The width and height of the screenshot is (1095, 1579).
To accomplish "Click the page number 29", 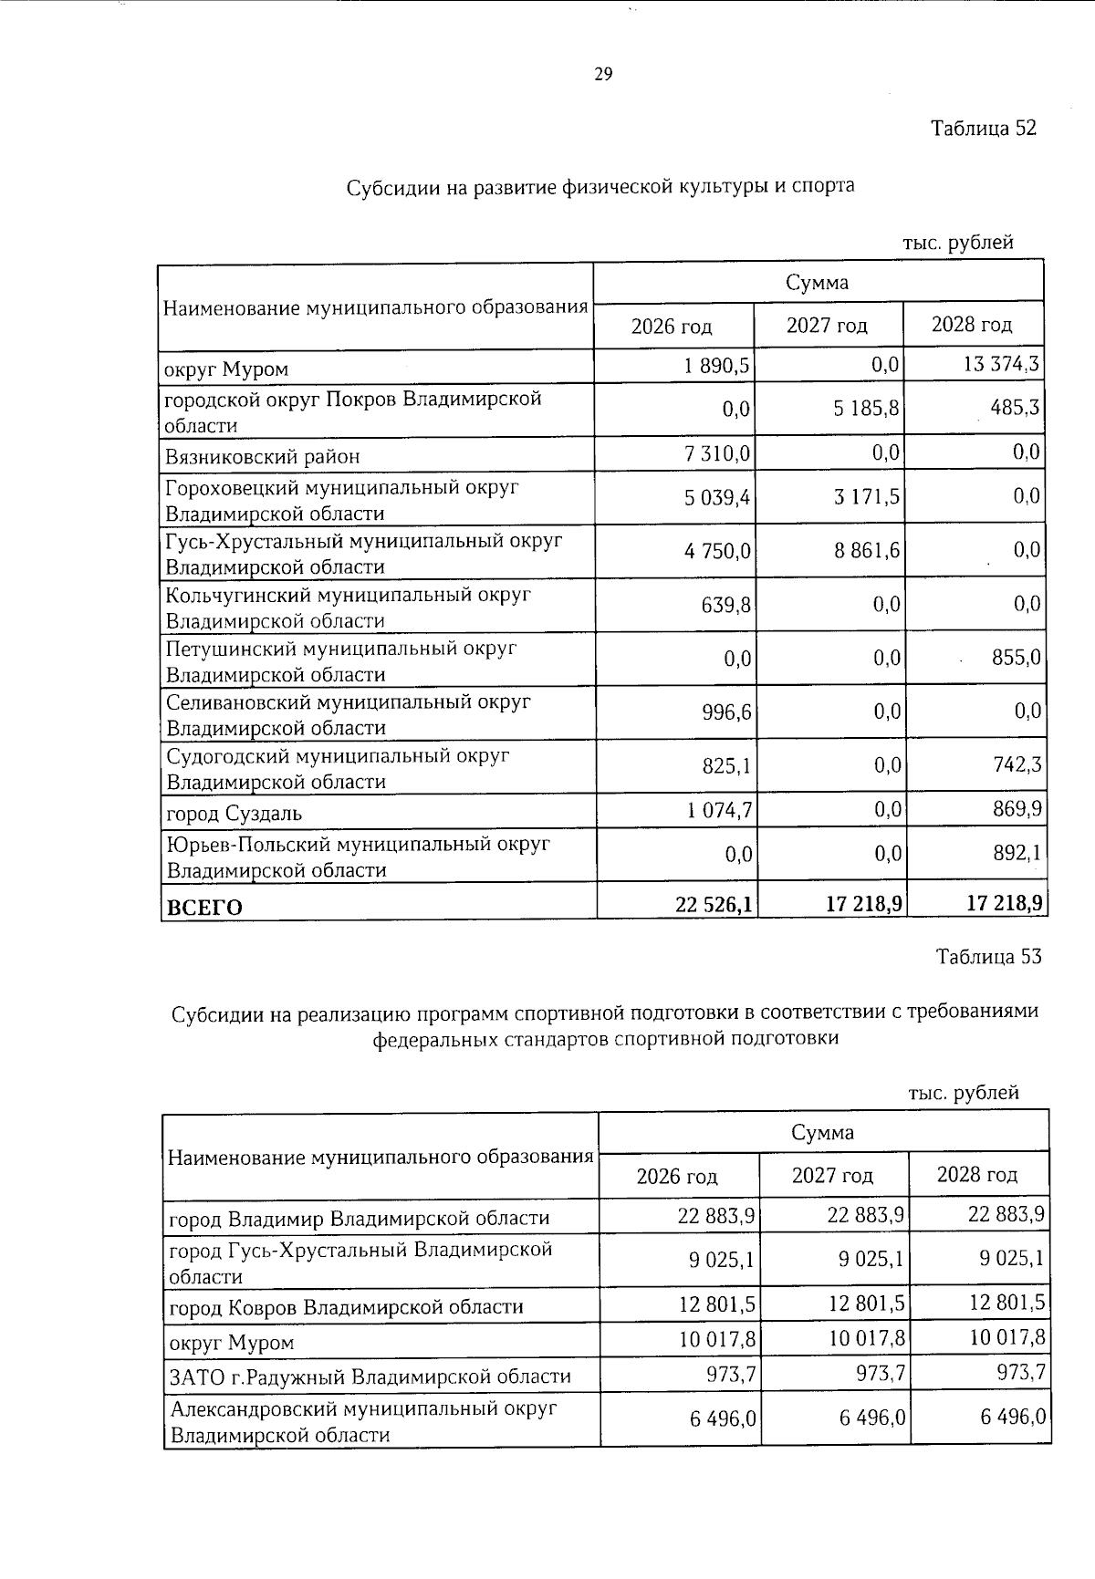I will tap(603, 75).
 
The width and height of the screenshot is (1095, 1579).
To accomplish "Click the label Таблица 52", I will tap(984, 128).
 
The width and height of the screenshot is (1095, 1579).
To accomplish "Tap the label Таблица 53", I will tap(988, 957).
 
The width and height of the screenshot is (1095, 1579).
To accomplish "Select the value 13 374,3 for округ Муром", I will tap(1000, 366).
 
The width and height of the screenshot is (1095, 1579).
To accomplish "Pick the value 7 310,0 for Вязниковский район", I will tap(718, 453).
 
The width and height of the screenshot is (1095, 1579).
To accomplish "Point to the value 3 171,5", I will tap(866, 497).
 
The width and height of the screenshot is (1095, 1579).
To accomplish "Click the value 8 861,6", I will tap(866, 551).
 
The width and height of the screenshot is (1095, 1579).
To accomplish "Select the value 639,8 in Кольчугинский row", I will tap(726, 605).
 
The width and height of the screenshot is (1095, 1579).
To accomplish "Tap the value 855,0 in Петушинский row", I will tap(1016, 658).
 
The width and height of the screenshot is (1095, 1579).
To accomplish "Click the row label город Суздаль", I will tap(234, 813).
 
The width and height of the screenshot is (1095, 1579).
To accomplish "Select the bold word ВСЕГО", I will tap(203, 908).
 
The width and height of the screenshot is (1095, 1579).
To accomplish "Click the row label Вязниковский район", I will tap(262, 456).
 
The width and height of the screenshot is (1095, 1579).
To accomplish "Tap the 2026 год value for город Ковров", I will tap(717, 1305).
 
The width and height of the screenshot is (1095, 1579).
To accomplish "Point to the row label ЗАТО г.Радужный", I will tap(370, 1376).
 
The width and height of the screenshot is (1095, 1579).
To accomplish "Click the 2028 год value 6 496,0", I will tap(1011, 1418).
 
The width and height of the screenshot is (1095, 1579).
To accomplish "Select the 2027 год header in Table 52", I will tap(827, 326).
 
